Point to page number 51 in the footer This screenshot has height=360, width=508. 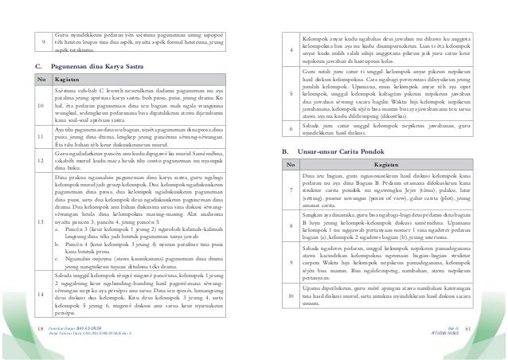point(490,327)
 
